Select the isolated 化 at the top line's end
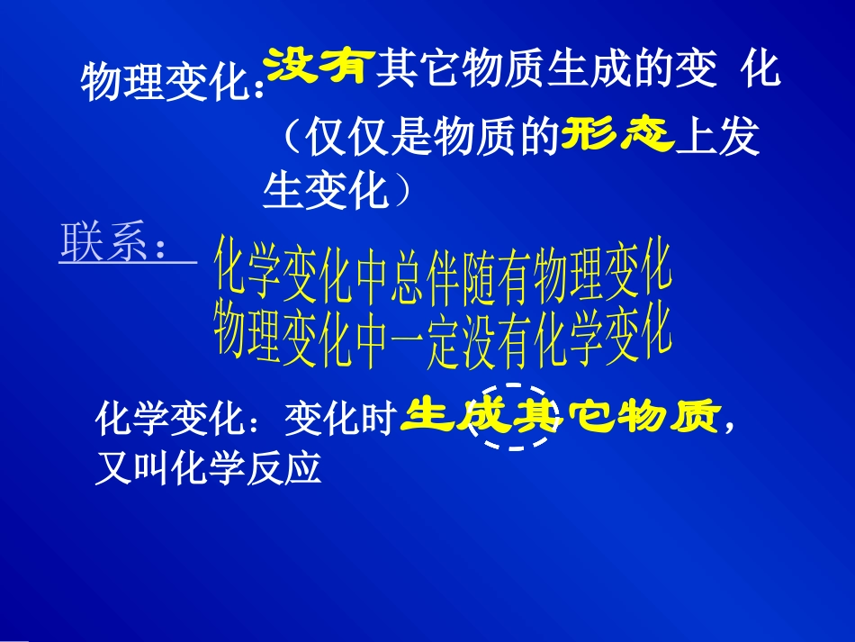(x=760, y=69)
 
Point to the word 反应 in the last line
(x=283, y=469)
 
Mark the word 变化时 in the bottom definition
(x=341, y=419)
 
